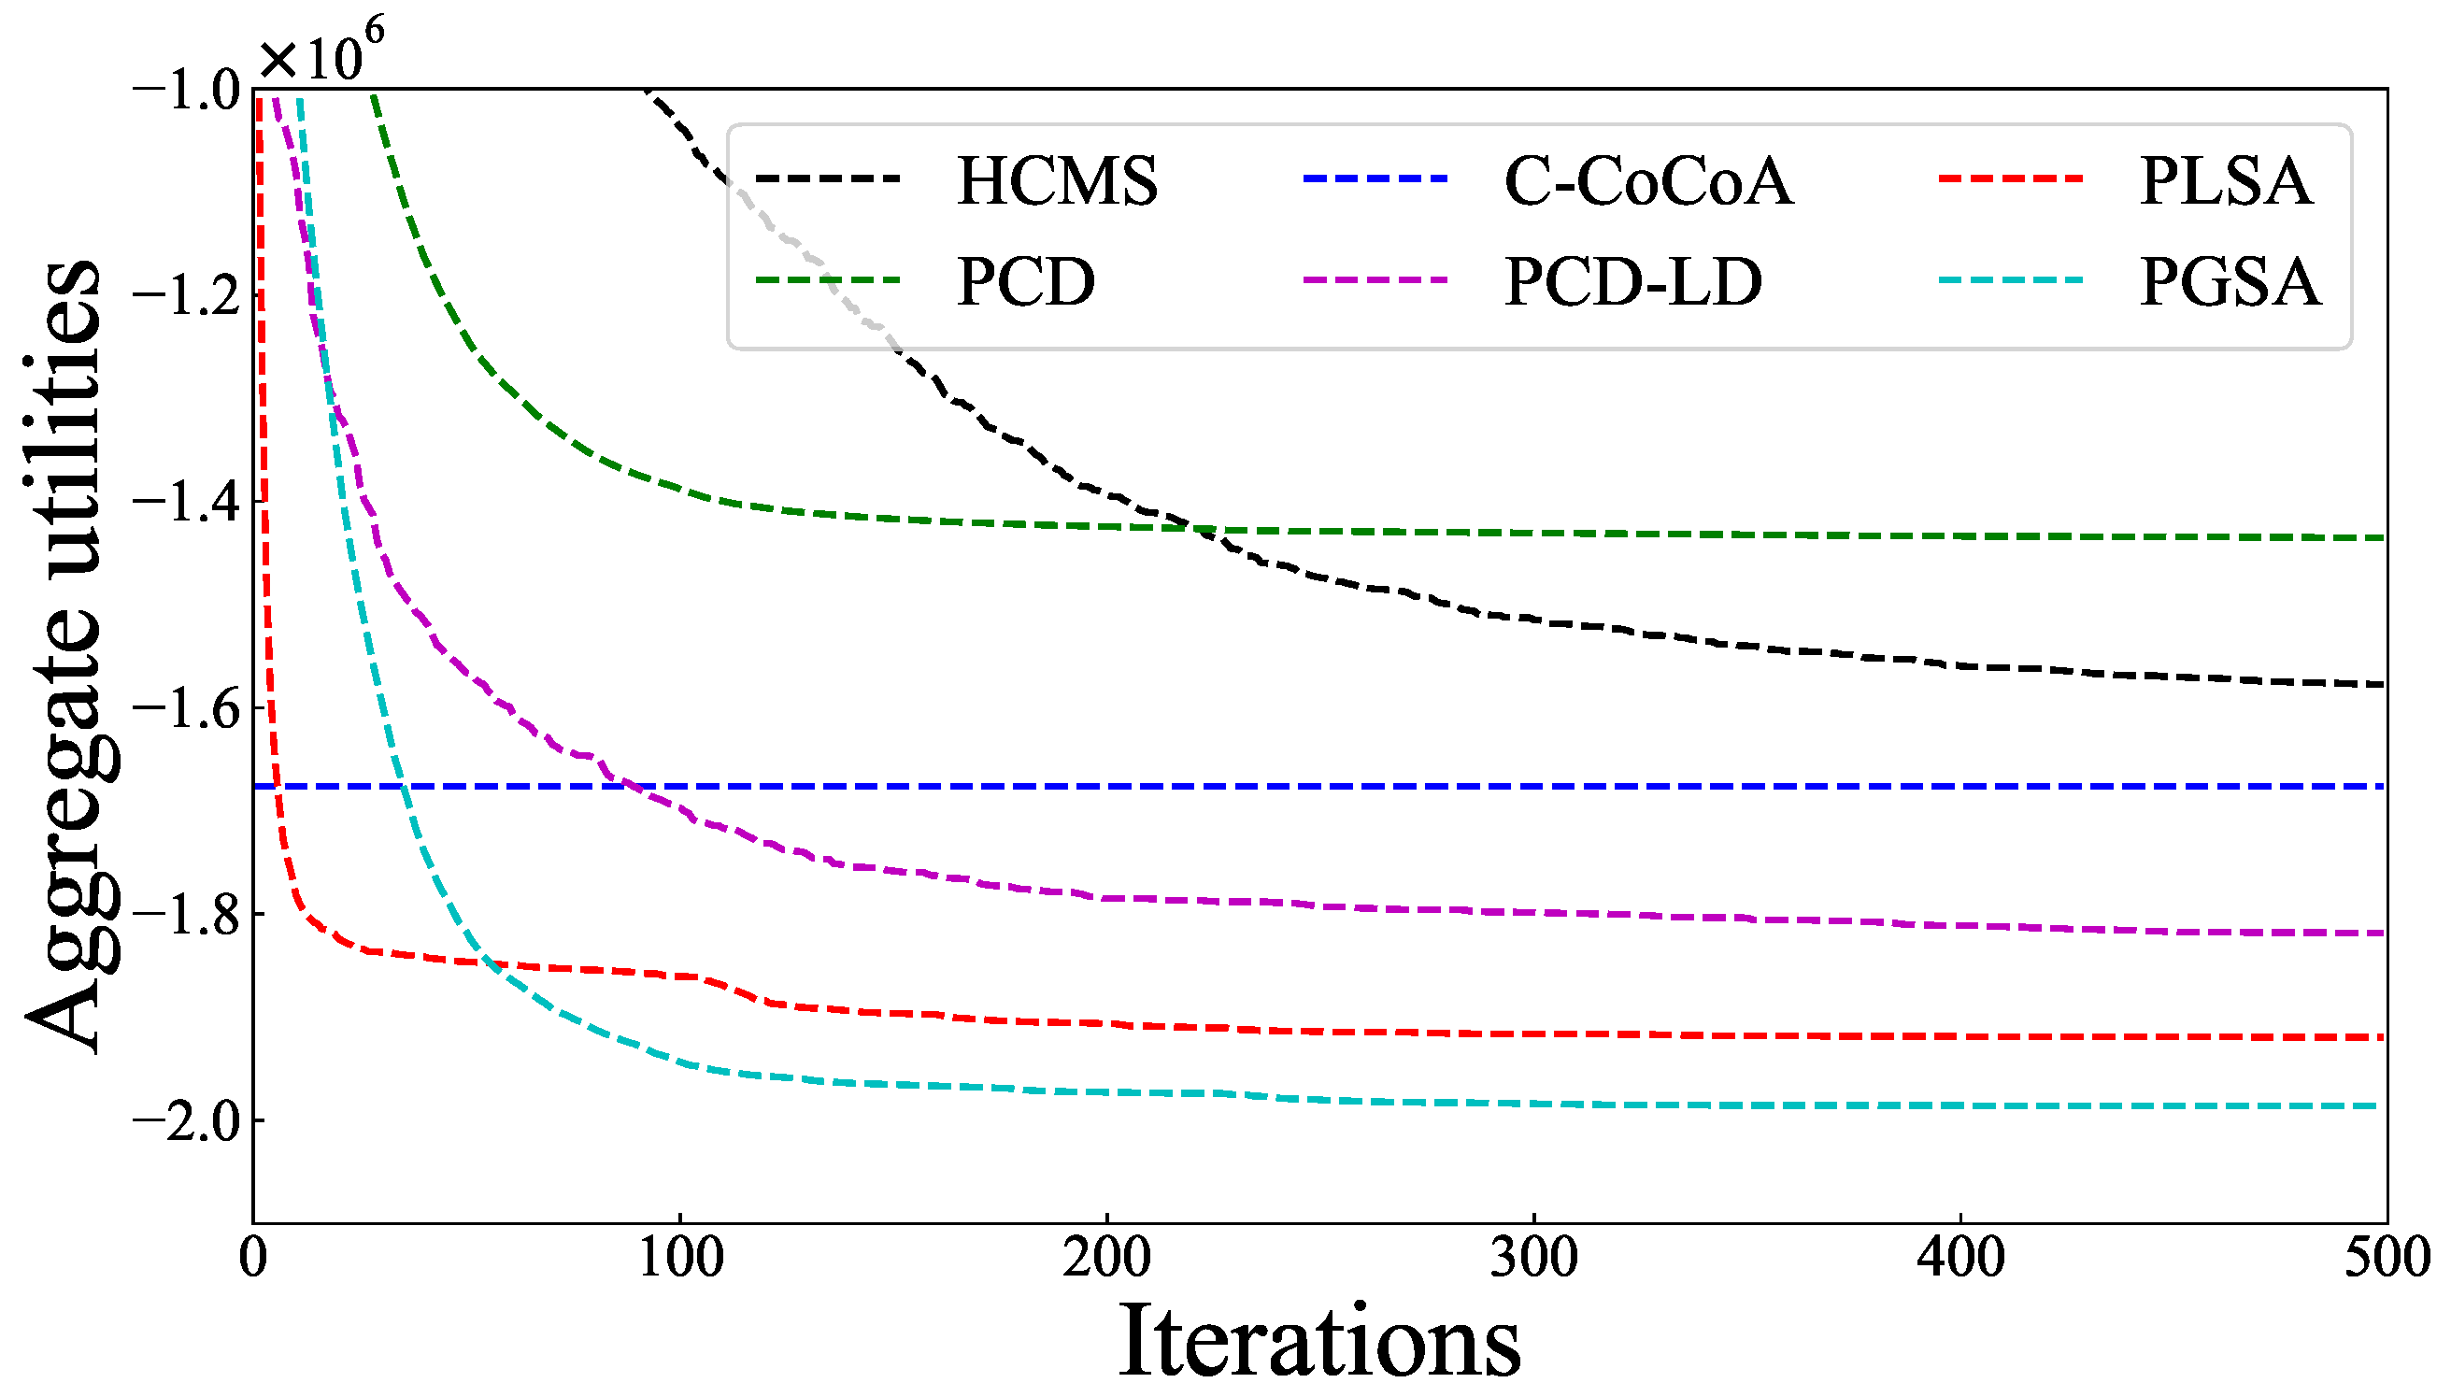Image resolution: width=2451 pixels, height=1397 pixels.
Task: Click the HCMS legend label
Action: [x=1056, y=180]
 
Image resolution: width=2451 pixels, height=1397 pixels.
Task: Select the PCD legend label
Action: [x=1024, y=282]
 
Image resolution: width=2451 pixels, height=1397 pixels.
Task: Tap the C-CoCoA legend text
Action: [x=1646, y=180]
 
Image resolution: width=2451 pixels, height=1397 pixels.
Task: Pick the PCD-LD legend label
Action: [x=1632, y=282]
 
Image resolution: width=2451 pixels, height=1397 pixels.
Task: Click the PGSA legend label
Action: [x=2230, y=282]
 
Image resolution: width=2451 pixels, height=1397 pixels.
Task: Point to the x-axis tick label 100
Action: [x=680, y=1257]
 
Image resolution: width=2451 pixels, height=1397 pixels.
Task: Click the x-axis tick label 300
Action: [x=1533, y=1257]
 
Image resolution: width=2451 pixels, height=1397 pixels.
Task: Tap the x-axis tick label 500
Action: [x=2386, y=1257]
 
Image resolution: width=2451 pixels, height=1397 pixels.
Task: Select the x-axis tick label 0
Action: [x=253, y=1257]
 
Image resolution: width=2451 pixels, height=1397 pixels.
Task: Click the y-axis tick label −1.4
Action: [x=187, y=502]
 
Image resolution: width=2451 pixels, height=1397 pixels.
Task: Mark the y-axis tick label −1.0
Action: [x=187, y=92]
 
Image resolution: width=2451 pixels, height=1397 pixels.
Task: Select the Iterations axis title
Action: [x=1319, y=1341]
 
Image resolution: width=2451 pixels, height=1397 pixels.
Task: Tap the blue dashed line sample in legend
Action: [x=1374, y=178]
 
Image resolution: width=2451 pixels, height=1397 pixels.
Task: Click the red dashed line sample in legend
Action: [x=2010, y=178]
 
